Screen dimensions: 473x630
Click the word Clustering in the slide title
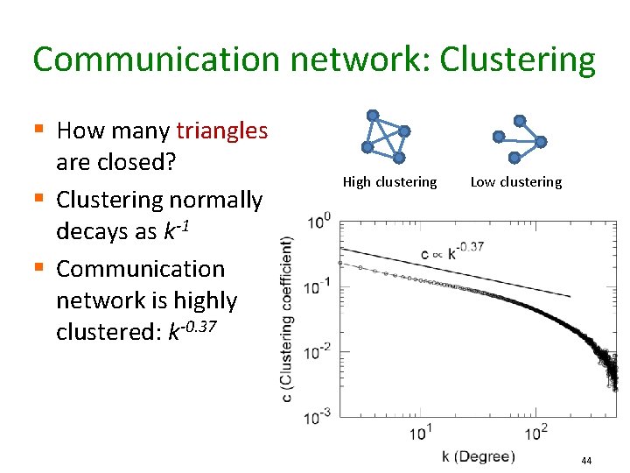[517, 60]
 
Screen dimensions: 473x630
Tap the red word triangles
[222, 131]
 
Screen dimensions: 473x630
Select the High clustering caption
[389, 182]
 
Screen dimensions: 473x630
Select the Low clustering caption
[516, 182]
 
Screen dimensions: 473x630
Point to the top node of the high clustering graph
[373, 115]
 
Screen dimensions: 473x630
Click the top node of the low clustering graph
[520, 120]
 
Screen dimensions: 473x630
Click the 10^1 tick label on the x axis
[420, 432]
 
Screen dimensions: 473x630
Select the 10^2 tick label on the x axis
[536, 432]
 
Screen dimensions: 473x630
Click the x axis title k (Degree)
[479, 456]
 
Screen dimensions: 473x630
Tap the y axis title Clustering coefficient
[287, 319]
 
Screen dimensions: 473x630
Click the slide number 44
[586, 461]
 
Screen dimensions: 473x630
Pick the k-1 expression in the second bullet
[175, 231]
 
